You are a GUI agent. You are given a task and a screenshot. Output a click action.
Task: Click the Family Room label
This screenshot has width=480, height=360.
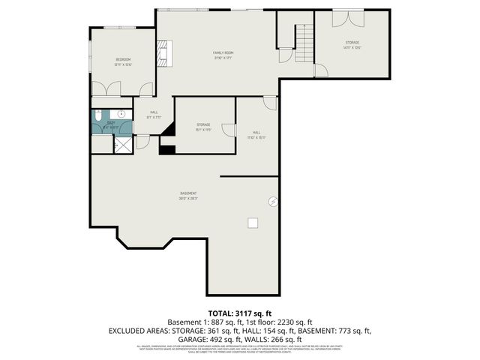(223, 54)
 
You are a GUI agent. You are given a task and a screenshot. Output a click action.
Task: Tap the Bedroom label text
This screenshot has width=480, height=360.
(123, 61)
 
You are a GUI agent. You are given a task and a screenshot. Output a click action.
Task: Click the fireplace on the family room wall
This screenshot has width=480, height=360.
(163, 53)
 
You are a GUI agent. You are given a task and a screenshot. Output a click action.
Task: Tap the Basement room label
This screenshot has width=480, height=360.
(187, 196)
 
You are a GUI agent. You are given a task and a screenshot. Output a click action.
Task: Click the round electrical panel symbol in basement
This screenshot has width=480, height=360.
(274, 201)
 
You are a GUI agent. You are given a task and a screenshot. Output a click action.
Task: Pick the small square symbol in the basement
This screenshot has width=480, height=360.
(253, 221)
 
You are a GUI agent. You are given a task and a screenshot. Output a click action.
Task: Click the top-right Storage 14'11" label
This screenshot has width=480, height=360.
(352, 45)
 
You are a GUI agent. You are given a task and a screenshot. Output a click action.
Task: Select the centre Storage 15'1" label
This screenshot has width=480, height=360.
(203, 126)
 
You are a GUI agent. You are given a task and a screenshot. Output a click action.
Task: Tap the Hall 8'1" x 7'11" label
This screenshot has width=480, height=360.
(154, 114)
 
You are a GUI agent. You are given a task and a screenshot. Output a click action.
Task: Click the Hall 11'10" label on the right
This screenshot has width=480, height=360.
(256, 135)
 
